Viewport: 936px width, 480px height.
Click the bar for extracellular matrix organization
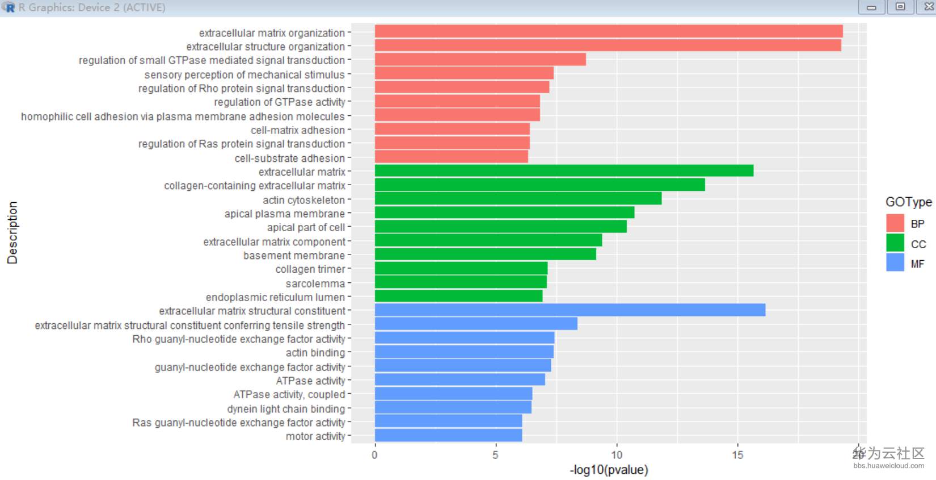pyautogui.click(x=608, y=31)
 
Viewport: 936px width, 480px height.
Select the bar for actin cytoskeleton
pyautogui.click(x=518, y=198)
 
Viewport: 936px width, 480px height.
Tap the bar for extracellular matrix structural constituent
pyautogui.click(x=570, y=310)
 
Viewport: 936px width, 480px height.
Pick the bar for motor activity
pyautogui.click(x=448, y=436)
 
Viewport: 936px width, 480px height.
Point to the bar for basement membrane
pyautogui.click(x=485, y=254)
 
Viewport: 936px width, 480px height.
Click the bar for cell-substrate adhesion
pyautogui.click(x=451, y=157)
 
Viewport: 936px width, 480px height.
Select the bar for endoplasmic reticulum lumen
pyautogui.click(x=458, y=296)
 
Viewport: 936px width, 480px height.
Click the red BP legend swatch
pyautogui.click(x=895, y=223)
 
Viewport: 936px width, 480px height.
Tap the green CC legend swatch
pyautogui.click(x=895, y=243)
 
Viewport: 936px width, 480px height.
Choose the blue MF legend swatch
pyautogui.click(x=895, y=262)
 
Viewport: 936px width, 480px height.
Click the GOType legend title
pyautogui.click(x=908, y=202)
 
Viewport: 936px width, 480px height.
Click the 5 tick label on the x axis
pyautogui.click(x=495, y=454)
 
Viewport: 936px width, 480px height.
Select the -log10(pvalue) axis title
pyautogui.click(x=609, y=470)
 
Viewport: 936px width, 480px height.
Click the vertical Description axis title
pyautogui.click(x=12, y=232)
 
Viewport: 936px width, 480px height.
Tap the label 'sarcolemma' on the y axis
pyautogui.click(x=315, y=283)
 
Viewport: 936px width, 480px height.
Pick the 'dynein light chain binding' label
pyautogui.click(x=286, y=409)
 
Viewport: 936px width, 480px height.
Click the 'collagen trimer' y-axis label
pyautogui.click(x=310, y=269)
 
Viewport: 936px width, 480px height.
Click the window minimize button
pyautogui.click(x=871, y=7)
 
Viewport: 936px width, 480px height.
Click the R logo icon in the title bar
pyautogui.click(x=9, y=7)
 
